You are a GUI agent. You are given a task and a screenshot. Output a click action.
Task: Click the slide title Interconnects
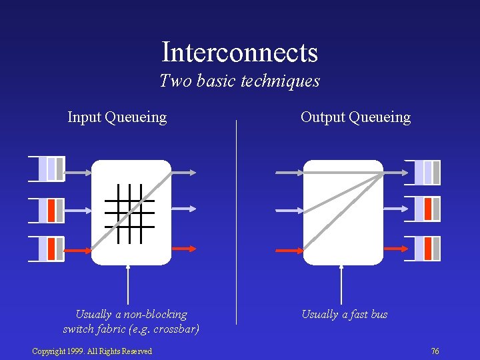tap(239, 52)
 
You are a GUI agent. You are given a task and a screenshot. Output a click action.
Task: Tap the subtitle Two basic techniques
tap(239, 81)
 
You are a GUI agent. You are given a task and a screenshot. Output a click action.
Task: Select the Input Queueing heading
tap(117, 117)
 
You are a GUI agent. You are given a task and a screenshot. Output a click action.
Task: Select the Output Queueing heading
tap(355, 117)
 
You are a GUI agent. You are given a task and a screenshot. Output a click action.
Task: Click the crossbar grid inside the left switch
tap(129, 213)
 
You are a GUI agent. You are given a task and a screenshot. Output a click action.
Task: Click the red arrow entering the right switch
tap(289, 251)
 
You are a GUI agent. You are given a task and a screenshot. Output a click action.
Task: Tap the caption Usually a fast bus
tap(344, 315)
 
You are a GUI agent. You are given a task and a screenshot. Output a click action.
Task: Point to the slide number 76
tap(435, 351)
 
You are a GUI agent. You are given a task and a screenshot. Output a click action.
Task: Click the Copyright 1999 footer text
tap(92, 351)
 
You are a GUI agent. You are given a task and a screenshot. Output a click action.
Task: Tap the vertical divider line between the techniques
tap(237, 220)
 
